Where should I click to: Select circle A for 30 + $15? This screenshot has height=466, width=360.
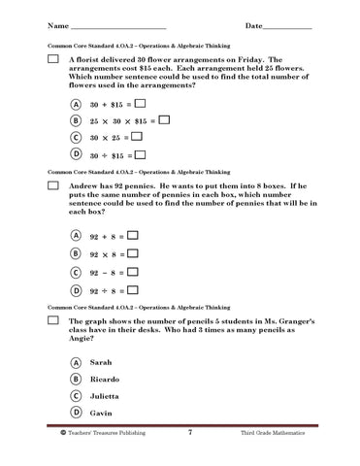tap(76, 104)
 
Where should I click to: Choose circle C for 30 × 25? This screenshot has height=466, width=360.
tap(76, 137)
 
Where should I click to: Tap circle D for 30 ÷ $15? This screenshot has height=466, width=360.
tap(76, 153)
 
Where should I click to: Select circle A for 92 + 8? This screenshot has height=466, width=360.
tap(76, 234)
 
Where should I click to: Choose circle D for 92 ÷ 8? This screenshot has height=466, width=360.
tap(76, 290)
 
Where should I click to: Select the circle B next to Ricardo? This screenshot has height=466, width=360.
tap(76, 379)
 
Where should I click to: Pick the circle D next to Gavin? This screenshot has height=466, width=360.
tap(76, 414)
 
